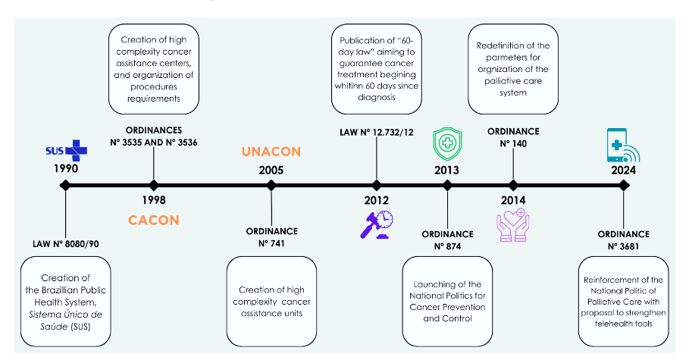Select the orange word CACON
tap(153, 220)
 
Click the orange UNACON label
tap(271, 152)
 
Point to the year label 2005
tap(271, 170)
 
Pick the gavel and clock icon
tap(377, 224)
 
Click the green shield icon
tap(446, 143)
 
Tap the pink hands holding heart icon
tap(513, 226)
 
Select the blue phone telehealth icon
tap(623, 146)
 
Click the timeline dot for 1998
tap(154, 185)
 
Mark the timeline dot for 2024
tap(623, 185)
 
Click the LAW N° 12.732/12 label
tap(377, 133)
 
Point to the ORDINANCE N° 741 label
tap(271, 236)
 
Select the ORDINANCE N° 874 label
tap(447, 240)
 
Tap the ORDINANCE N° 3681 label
tap(623, 240)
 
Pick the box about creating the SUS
tap(66, 300)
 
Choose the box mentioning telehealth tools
tap(623, 301)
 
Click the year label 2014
tap(513, 200)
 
